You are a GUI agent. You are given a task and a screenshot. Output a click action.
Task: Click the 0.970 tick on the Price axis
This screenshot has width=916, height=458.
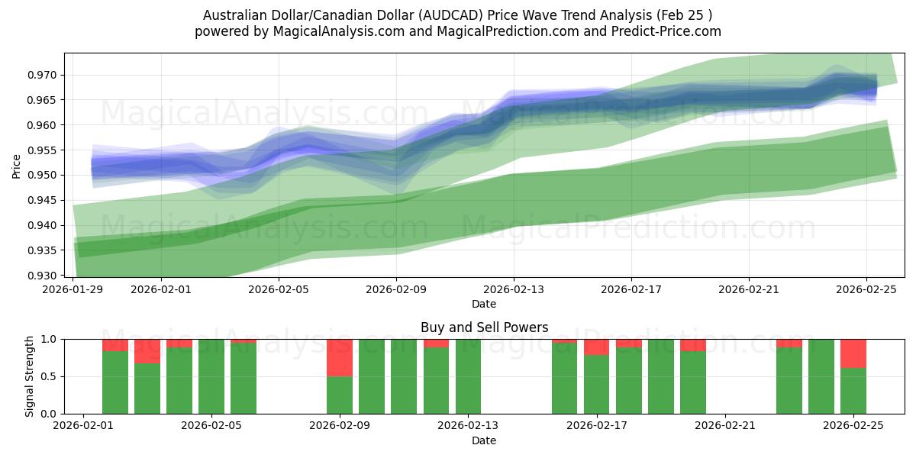[44, 75]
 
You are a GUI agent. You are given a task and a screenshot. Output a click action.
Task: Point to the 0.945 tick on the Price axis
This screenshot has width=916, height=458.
[44, 200]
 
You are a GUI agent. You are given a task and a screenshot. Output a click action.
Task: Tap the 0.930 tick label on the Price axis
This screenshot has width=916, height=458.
[44, 276]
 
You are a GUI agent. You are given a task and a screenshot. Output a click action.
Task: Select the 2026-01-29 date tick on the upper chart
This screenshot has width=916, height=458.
[73, 289]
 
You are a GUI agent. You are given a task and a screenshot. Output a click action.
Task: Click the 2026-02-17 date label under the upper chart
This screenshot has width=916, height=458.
[631, 289]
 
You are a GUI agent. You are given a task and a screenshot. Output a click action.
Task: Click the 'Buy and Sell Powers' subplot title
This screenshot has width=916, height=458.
[484, 327]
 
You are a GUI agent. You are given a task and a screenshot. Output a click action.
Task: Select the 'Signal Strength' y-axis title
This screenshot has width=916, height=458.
[30, 376]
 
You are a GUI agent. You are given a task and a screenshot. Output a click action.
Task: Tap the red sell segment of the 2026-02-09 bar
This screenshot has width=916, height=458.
[340, 357]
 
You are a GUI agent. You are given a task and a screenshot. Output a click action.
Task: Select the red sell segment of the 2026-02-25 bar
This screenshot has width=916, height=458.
[853, 353]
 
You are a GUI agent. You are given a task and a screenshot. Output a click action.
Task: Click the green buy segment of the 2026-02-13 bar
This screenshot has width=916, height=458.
[468, 376]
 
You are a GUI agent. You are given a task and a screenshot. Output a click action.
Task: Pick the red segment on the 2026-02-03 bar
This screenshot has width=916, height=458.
[147, 351]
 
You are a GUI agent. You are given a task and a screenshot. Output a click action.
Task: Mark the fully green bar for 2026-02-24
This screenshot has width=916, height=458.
[821, 376]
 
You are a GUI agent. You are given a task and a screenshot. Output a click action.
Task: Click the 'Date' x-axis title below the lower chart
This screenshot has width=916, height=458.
[484, 440]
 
